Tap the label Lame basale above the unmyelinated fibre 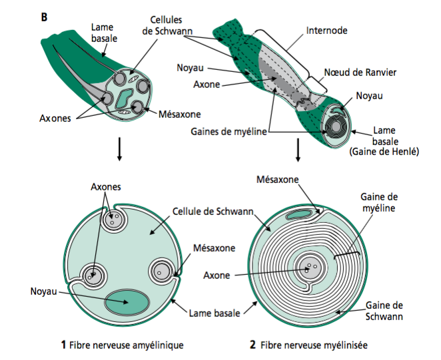click(x=103, y=33)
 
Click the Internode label click(x=327, y=30)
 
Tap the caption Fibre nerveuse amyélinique click(x=126, y=345)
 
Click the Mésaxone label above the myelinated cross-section click(x=278, y=180)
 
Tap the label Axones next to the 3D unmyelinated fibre click(x=57, y=120)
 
